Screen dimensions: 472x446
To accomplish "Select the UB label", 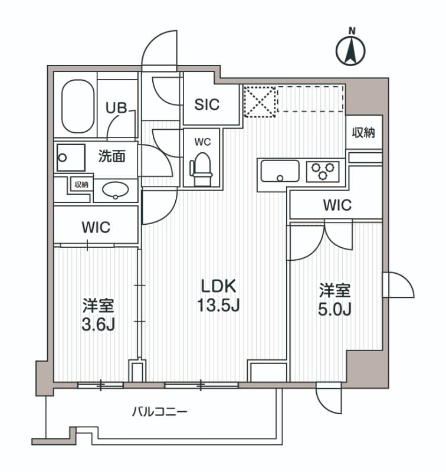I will (116, 108).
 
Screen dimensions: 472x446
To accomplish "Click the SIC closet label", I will (207, 104).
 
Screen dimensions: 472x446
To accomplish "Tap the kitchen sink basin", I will (280, 172).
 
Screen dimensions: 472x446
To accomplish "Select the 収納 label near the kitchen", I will (364, 133).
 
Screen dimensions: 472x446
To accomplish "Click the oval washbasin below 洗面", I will (116, 190).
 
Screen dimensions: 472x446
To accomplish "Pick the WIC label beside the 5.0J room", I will (337, 205).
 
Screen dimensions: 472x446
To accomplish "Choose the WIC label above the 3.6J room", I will (96, 227).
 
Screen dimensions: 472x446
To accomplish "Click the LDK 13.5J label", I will (218, 296).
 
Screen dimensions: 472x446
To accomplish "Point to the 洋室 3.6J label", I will (97, 316).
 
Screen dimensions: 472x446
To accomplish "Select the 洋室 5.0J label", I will (335, 300).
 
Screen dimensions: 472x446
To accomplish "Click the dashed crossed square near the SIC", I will (260, 101).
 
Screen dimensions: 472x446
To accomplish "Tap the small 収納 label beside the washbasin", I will (81, 184).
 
